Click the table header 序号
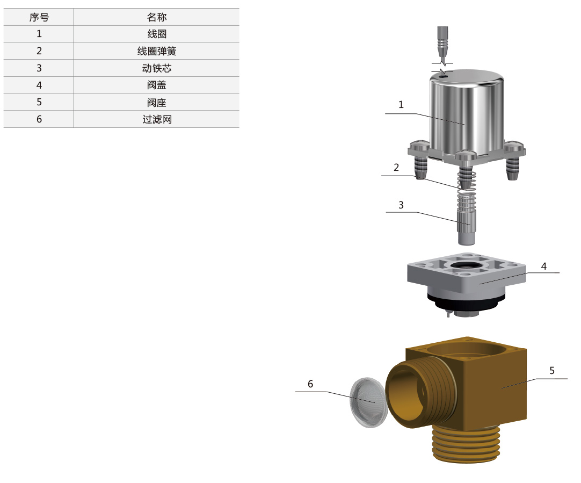click(39, 17)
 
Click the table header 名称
click(156, 17)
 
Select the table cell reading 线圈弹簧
click(156, 51)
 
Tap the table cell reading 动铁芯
click(156, 68)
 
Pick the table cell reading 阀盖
click(156, 85)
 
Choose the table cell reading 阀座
click(156, 102)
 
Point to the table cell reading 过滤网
click(156, 119)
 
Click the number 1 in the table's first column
click(39, 34)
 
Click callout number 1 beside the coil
click(401, 105)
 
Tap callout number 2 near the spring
click(396, 167)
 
